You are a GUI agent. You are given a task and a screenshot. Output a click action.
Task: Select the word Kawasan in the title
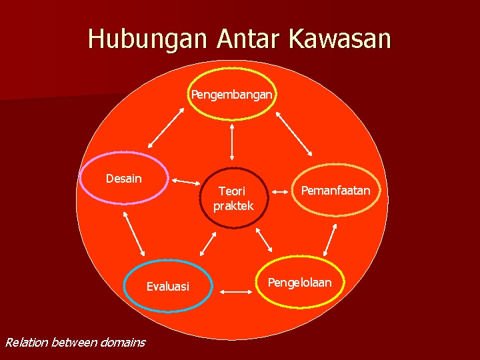tap(340, 39)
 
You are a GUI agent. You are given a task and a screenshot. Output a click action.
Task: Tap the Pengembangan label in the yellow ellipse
tap(231, 95)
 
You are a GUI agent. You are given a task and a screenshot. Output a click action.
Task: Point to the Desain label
tap(124, 179)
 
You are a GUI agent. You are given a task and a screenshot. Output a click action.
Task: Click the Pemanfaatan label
tap(335, 191)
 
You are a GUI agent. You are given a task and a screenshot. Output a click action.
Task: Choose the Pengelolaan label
tap(299, 283)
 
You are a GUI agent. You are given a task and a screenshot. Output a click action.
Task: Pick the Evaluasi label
tap(168, 287)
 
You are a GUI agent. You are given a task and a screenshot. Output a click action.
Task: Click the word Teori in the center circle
tap(232, 192)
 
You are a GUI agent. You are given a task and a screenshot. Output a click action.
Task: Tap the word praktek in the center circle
tap(233, 206)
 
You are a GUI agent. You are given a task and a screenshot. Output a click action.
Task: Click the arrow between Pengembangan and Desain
tap(166, 125)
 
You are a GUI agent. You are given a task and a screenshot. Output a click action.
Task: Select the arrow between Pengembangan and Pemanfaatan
tap(294, 133)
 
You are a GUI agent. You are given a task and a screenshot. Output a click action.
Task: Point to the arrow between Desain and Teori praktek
tap(187, 181)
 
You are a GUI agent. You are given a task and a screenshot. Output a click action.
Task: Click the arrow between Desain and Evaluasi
tap(134, 234)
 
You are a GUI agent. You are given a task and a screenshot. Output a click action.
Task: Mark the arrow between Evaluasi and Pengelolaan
tap(234, 291)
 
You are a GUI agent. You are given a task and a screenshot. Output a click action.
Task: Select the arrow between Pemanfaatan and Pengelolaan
tap(329, 240)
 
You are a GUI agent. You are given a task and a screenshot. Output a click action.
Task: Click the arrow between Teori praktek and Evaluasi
tap(208, 244)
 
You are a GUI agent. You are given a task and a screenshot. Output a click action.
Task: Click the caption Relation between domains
tap(75, 343)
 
